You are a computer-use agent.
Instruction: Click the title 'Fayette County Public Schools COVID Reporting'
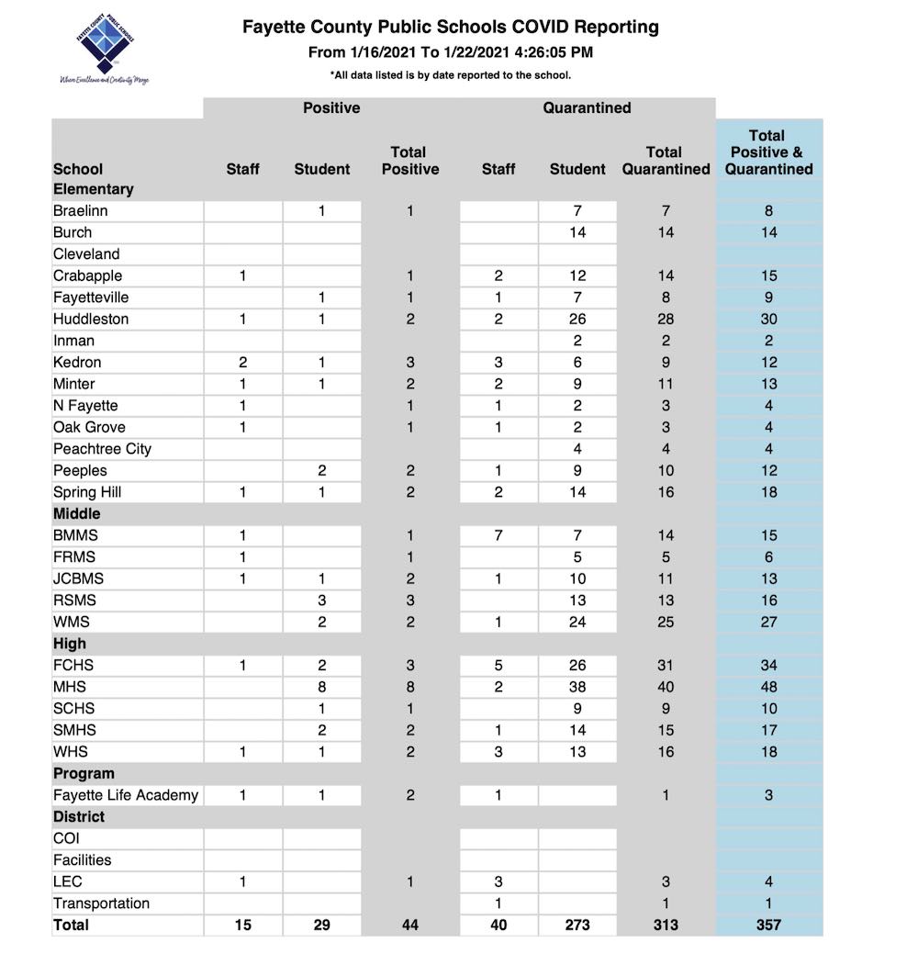click(450, 28)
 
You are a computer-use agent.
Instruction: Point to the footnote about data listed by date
click(450, 75)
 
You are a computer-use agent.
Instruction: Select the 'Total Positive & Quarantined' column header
click(768, 152)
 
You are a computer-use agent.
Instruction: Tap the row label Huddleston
click(91, 320)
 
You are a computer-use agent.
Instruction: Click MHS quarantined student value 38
click(577, 687)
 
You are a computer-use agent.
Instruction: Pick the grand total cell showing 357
click(768, 925)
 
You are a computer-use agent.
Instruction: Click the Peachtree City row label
click(102, 449)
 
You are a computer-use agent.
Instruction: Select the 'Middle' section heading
click(77, 513)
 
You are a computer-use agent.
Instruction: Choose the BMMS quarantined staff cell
click(498, 535)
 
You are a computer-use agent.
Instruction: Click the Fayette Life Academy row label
click(126, 795)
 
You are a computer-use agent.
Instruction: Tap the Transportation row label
click(101, 903)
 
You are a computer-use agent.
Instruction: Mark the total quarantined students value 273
click(577, 925)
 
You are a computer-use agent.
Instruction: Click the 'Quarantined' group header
click(587, 107)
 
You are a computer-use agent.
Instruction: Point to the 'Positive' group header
click(331, 107)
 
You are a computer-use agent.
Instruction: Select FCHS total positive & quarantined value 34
click(768, 665)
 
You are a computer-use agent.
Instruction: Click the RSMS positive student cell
click(321, 600)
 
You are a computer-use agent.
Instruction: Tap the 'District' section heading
click(79, 816)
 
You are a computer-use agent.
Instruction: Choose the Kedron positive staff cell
click(242, 363)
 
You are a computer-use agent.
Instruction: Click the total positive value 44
click(409, 925)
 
